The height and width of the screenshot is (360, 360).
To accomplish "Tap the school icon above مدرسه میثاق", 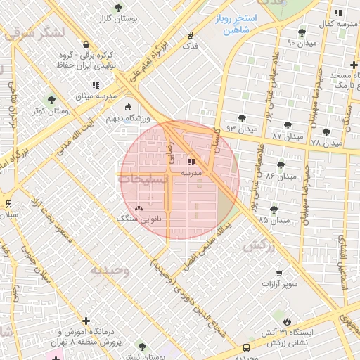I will (x=96, y=85).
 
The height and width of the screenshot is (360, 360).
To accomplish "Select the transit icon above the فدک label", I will (x=190, y=34).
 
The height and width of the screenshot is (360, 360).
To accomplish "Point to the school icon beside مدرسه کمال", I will (x=338, y=13).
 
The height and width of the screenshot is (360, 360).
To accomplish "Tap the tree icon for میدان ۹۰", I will (x=302, y=32).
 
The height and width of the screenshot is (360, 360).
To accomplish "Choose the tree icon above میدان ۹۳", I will (x=243, y=118).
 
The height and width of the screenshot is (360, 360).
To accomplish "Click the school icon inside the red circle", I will (x=191, y=162).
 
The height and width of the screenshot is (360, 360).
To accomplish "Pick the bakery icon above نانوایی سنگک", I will (x=139, y=209).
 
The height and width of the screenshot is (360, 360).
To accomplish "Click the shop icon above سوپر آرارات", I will (x=279, y=274).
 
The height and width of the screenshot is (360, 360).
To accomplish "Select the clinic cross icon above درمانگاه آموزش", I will (x=86, y=321).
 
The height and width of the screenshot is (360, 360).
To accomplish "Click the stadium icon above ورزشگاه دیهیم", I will (x=128, y=108).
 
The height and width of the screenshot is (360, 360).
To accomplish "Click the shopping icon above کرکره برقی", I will (x=85, y=44).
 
